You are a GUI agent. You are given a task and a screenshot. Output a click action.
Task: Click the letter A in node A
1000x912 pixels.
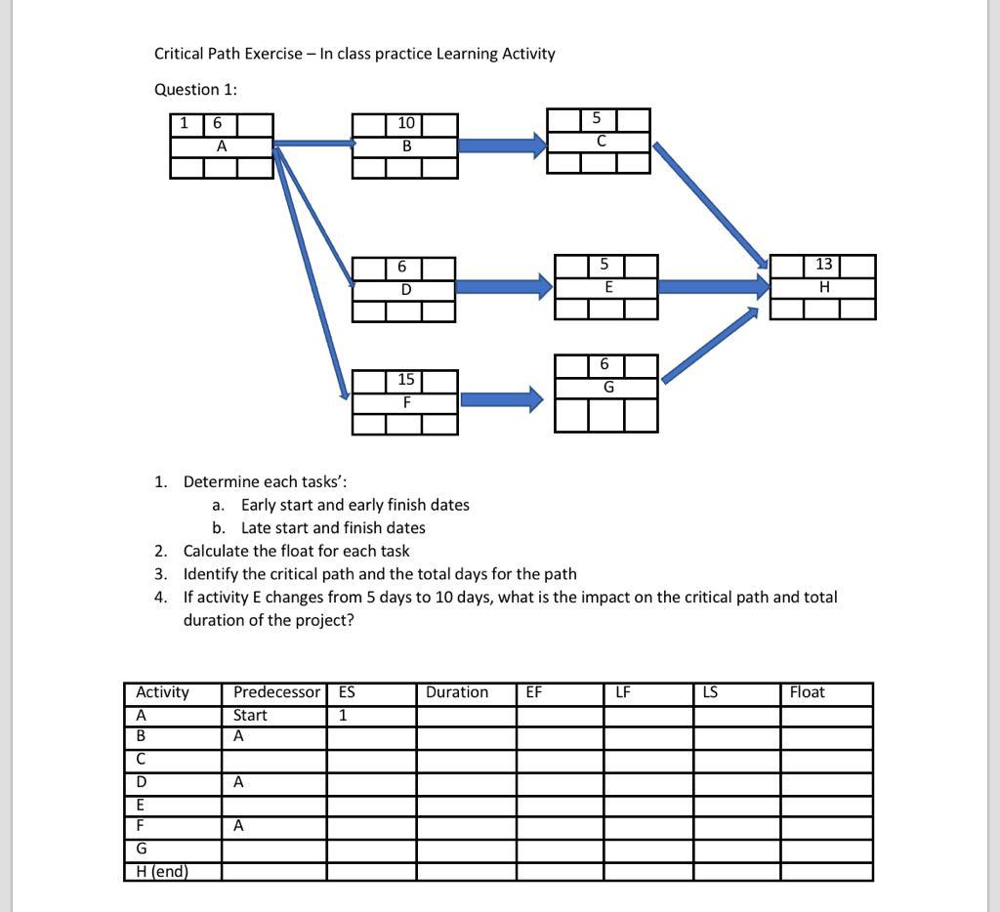(x=222, y=146)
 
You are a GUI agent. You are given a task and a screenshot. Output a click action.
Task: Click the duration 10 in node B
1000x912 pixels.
(x=405, y=123)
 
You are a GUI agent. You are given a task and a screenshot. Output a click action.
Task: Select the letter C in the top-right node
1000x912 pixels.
(x=600, y=142)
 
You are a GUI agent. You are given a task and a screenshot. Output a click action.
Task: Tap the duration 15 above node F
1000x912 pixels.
(x=405, y=379)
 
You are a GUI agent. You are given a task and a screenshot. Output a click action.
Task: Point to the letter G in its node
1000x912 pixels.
(x=608, y=387)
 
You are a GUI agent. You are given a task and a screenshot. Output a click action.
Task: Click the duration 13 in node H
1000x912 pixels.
(x=823, y=265)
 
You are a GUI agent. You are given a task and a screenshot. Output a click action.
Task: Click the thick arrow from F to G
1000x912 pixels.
(x=501, y=399)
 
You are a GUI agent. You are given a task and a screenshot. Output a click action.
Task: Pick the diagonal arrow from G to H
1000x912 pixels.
(x=710, y=345)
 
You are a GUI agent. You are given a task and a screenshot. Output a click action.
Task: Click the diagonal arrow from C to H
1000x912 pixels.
(x=710, y=205)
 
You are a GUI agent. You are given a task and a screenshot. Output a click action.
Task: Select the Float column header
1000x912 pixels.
(x=807, y=692)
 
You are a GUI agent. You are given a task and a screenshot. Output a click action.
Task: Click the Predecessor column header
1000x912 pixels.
(x=275, y=692)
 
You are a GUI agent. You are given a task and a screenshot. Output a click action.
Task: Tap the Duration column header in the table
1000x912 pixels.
(x=457, y=692)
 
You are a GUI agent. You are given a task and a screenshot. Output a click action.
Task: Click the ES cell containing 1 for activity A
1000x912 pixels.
(x=343, y=715)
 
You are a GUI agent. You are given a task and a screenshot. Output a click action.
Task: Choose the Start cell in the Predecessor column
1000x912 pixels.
(x=250, y=715)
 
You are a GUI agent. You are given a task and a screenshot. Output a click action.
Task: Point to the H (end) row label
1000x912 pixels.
(x=162, y=871)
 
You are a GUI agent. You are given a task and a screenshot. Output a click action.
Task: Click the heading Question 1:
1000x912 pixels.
(x=195, y=89)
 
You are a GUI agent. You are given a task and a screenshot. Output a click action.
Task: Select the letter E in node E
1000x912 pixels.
(x=608, y=287)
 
